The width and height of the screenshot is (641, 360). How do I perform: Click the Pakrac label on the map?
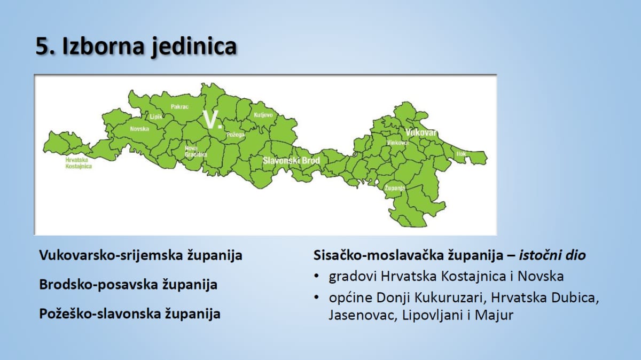[179, 107]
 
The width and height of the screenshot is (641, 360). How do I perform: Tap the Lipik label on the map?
[156, 116]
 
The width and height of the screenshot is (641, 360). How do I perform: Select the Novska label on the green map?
[139, 129]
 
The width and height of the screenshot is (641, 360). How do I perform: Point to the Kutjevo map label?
[263, 115]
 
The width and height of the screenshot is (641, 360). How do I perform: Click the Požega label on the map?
[236, 135]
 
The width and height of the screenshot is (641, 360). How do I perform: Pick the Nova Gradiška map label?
[196, 151]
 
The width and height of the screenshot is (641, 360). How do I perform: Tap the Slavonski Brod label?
[291, 161]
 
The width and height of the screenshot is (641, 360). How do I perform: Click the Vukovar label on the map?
[421, 132]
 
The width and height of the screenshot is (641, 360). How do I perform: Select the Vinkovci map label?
[398, 143]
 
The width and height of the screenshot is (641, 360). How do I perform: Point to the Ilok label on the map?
[462, 154]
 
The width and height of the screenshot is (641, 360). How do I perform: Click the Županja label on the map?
[395, 188]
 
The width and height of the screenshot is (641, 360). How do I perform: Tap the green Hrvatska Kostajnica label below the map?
[79, 163]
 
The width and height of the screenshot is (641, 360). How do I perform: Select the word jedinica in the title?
[194, 46]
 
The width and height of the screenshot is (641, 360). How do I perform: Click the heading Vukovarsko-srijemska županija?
[140, 255]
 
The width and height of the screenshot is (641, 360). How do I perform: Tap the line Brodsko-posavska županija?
[128, 285]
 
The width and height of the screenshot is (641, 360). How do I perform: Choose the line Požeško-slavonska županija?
[130, 314]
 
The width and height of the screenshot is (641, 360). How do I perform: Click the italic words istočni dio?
[552, 255]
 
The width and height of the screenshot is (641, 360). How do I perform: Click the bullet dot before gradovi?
[316, 277]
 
